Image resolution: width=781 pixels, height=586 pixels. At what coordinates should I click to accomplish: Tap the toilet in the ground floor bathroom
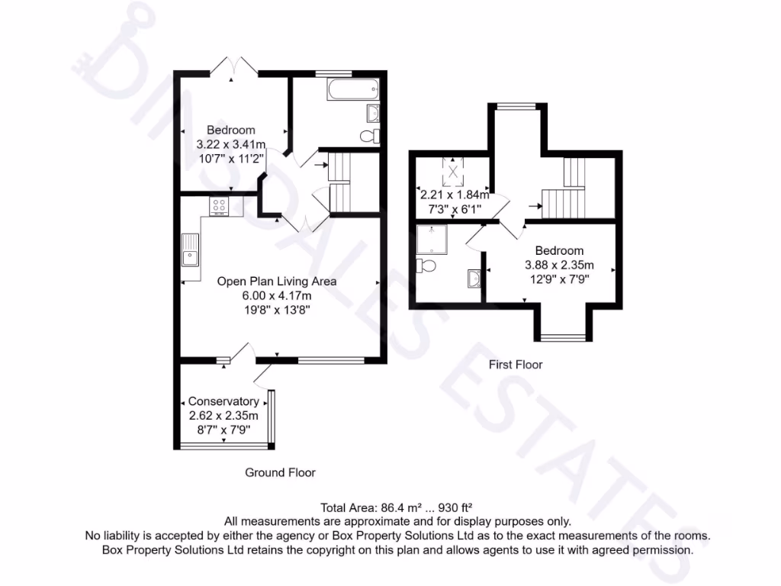point(371,136)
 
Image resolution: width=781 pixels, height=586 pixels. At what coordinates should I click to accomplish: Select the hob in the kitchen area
point(219,205)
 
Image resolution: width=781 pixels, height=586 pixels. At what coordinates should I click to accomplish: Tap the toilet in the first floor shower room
point(426,266)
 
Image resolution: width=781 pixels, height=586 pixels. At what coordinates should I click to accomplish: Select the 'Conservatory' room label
point(223,401)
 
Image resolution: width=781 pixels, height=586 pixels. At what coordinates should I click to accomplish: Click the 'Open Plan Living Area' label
point(277,281)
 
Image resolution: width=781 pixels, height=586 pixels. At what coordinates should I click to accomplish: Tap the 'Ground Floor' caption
point(280,472)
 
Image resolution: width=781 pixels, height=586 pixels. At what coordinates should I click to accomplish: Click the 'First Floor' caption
point(516,365)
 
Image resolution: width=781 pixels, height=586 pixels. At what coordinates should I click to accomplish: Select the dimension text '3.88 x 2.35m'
point(559,265)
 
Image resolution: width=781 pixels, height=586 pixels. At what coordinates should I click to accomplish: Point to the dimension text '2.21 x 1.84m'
point(454,195)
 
